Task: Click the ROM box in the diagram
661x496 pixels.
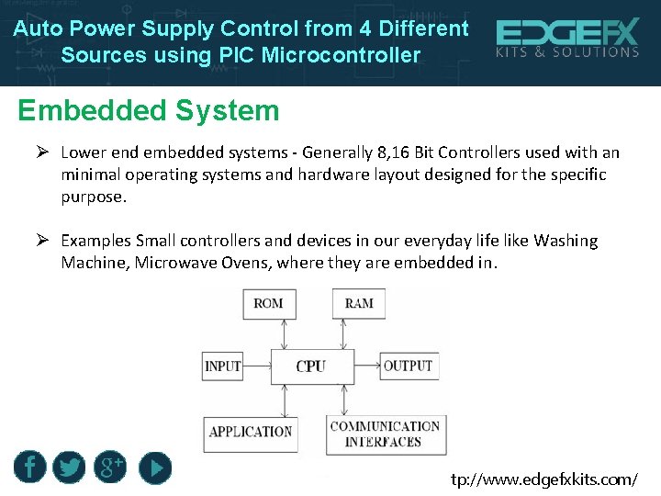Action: point(268,303)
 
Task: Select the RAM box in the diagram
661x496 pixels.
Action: point(359,303)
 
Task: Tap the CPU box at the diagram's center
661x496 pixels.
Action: point(311,366)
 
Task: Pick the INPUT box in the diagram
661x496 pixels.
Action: point(222,366)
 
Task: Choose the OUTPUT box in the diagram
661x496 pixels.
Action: point(408,366)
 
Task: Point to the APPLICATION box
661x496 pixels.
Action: point(250,432)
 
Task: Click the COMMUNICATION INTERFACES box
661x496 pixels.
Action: point(386,434)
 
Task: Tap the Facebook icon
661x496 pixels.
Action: point(29,468)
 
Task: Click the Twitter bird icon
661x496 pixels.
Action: point(69,468)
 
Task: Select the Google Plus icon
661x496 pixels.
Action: point(111,468)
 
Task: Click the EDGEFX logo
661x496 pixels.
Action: point(567,34)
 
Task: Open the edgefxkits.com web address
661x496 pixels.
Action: point(543,479)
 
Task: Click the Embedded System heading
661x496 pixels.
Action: point(148,111)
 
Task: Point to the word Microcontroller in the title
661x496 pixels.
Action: point(341,55)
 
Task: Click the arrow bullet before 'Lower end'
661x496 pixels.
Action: point(42,152)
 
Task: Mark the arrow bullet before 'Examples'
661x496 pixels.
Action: point(42,241)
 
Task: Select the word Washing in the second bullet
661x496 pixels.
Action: point(566,241)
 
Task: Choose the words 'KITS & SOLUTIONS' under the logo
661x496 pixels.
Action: point(567,53)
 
